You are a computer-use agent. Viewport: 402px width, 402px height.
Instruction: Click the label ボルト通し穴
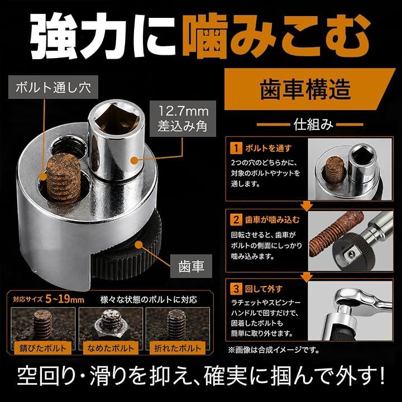(x=53, y=87)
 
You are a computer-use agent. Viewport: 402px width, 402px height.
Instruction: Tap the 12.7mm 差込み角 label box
(x=183, y=119)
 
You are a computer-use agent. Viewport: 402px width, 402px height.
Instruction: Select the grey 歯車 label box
(x=192, y=266)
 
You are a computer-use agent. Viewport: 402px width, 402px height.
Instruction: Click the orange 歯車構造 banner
(x=309, y=89)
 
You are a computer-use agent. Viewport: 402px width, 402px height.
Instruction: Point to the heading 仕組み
(x=313, y=125)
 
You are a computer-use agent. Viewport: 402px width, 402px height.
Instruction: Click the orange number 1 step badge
(x=236, y=148)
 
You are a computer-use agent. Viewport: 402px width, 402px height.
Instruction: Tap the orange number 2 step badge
(x=236, y=220)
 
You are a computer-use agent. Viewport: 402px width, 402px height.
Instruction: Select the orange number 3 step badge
(x=236, y=289)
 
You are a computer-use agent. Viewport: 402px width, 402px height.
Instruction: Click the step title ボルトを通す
(x=268, y=149)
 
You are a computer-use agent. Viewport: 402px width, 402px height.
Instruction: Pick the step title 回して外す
(x=264, y=289)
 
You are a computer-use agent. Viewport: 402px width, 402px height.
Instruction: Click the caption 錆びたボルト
(x=43, y=348)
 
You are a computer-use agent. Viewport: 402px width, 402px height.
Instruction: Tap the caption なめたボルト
(x=111, y=348)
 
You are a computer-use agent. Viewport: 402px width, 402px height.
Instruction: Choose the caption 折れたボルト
(x=178, y=348)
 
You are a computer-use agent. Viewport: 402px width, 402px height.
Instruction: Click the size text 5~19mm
(x=65, y=299)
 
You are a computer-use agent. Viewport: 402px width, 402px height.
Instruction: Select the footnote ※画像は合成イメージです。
(x=274, y=350)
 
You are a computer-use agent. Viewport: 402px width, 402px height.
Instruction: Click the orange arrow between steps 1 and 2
(x=307, y=206)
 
